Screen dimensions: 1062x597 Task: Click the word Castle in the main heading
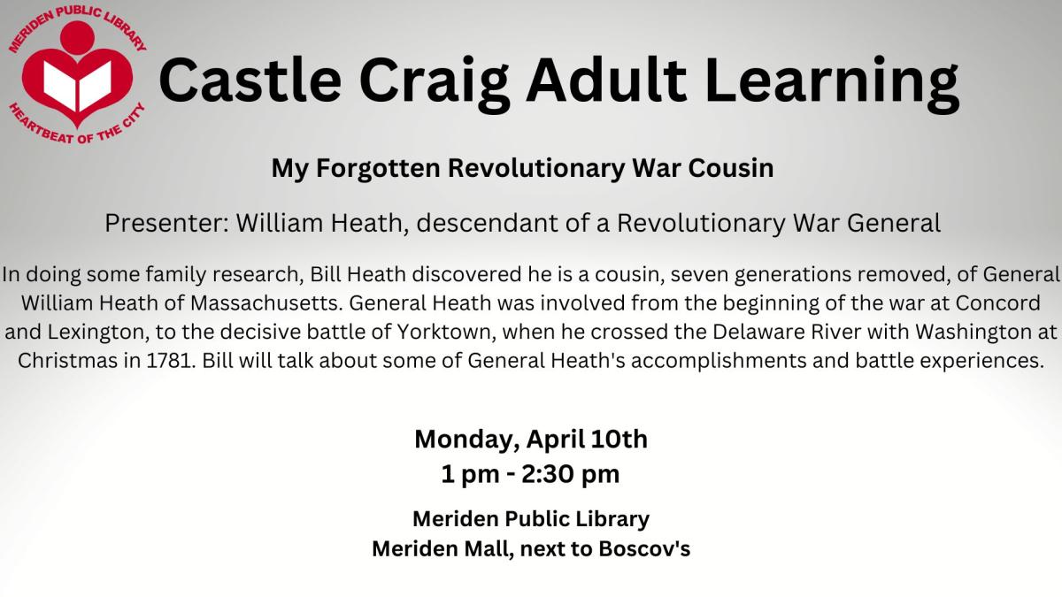250,79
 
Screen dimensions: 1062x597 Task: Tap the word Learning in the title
833,84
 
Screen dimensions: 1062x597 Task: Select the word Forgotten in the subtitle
378,168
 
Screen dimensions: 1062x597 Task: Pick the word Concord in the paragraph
998,303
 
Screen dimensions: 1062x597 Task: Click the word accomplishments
719,361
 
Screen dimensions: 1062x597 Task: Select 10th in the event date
619,439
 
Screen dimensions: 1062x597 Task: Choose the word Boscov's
644,548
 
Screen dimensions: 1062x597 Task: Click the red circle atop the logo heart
77,37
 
